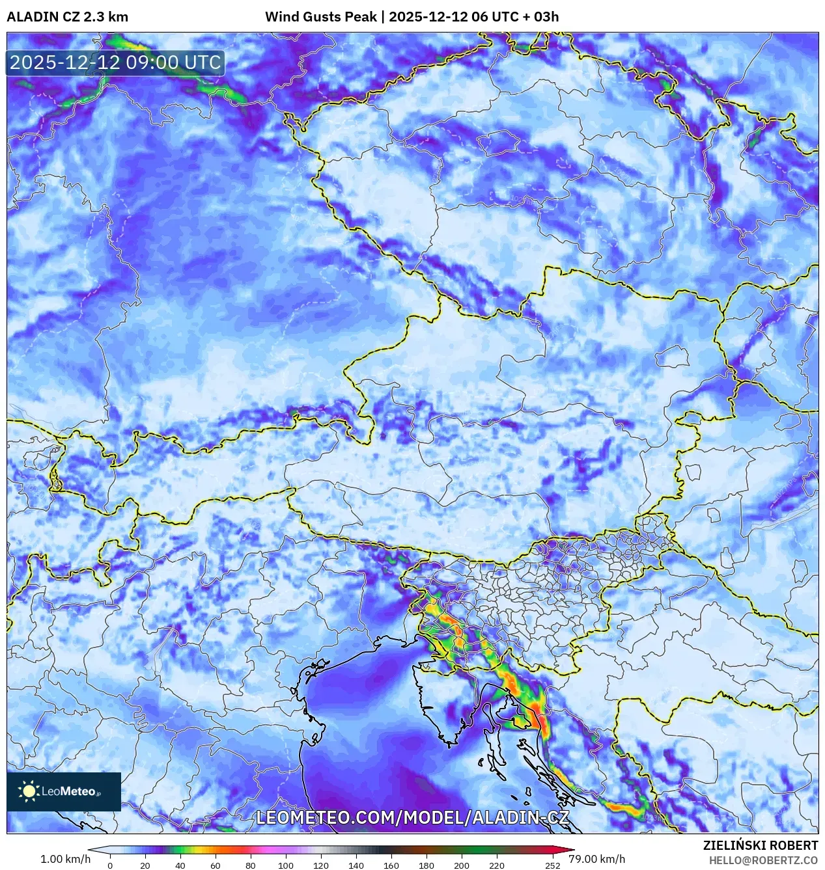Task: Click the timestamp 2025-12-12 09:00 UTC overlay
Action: pos(115,62)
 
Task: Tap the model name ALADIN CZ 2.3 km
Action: pos(67,17)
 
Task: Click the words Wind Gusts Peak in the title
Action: pos(320,17)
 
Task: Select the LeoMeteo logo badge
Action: pos(64,791)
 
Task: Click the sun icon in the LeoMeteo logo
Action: pos(29,791)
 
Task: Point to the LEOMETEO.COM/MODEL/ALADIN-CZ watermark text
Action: pos(412,818)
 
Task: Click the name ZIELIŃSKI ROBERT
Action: pos(760,845)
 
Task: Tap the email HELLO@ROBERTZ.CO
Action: pos(763,860)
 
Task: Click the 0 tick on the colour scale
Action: pos(110,865)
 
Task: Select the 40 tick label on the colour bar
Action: pos(180,865)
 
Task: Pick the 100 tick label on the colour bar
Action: pos(286,865)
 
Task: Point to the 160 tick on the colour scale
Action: pos(391,865)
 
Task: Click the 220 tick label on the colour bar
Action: pos(497,865)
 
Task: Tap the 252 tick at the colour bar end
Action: pos(553,865)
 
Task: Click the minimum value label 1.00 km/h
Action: pos(65,859)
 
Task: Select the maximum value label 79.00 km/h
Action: pos(596,859)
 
